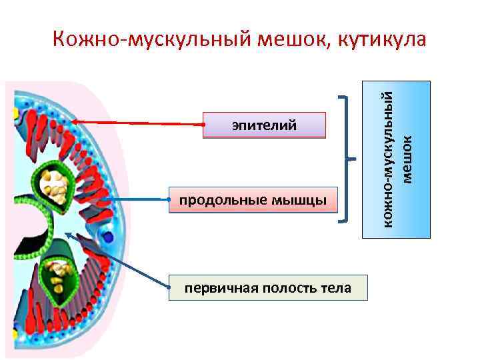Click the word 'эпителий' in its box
[264, 125]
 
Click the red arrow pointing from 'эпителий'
[140, 123]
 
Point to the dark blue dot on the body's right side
[109, 235]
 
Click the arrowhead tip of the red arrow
[74, 121]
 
